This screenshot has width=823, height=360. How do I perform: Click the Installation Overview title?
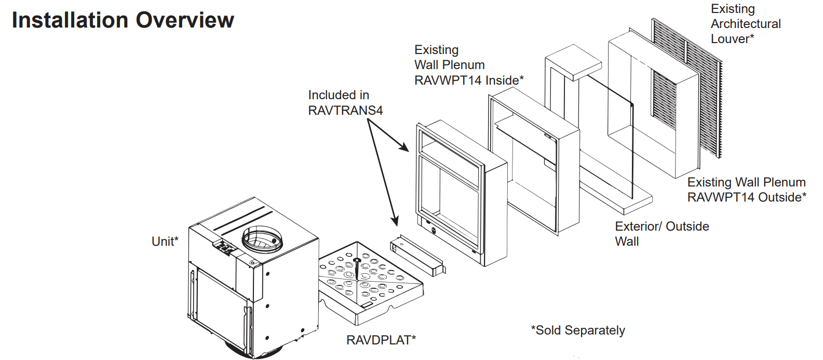[123, 20]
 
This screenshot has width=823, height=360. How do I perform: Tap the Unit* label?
[165, 241]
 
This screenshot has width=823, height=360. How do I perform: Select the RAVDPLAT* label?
[381, 340]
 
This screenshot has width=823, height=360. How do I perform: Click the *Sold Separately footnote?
[578, 330]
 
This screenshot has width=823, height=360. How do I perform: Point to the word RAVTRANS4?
[345, 110]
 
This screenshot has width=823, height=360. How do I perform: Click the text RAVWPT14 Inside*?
[469, 80]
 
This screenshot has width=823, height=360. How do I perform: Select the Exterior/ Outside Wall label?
[662, 234]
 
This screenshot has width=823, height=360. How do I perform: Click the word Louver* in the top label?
[733, 38]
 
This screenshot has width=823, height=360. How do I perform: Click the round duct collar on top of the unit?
[263, 239]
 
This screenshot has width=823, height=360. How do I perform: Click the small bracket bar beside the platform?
[418, 256]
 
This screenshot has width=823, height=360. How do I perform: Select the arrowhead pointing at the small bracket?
[395, 221]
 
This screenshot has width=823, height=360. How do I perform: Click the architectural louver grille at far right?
[686, 88]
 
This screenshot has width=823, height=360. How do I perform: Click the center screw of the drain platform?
[356, 260]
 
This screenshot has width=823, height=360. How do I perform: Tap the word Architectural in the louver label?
[746, 23]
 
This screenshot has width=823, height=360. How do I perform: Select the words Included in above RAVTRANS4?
[339, 95]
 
